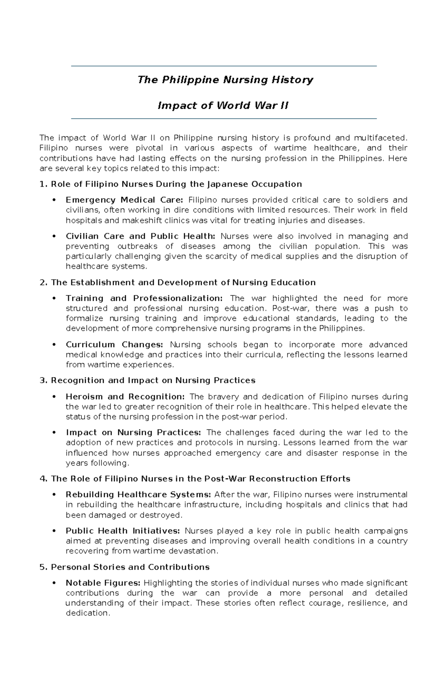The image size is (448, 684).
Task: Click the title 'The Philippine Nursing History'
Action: pos(225,80)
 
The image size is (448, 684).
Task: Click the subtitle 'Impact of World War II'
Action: pos(223,106)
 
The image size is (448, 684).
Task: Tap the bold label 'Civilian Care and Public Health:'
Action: pos(140,236)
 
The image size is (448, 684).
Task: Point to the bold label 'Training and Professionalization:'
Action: pos(144,299)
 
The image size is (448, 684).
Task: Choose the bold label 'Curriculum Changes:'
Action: pos(114,345)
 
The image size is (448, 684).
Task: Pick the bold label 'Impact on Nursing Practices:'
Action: pos(133,433)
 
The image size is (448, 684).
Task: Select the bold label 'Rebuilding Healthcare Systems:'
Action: pos(138,495)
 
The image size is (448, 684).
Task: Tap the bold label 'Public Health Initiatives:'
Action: pos(123,531)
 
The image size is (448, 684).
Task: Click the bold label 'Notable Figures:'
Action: pos(103,583)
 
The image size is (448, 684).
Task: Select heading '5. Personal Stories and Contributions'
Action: pos(124,567)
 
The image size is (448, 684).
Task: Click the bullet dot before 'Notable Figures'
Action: pos(55,583)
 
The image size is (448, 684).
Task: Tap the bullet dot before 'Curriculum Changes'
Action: pos(55,345)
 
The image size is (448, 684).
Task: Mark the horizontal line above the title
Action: pos(224,66)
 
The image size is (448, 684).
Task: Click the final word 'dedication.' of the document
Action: pos(88,613)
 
